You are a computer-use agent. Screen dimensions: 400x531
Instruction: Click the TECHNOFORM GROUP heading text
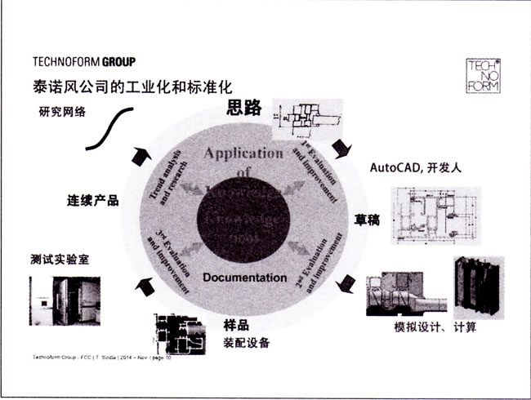tap(84, 62)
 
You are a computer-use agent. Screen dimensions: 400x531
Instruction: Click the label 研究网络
tap(62, 112)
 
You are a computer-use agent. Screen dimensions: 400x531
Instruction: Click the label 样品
tap(236, 324)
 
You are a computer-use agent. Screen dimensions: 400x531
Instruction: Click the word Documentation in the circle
tap(245, 278)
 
